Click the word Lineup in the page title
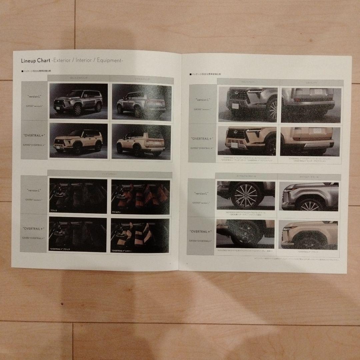coord(29,61)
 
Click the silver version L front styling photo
coord(78,101)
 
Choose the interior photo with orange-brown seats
coord(140,196)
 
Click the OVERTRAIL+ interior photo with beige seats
coord(140,235)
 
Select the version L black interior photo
coord(78,196)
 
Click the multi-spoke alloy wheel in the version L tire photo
coord(247,196)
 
